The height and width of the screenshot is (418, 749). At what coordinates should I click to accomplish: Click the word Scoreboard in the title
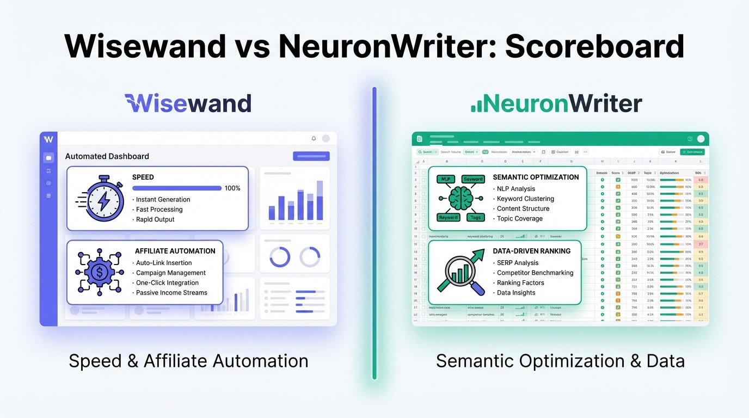point(594,46)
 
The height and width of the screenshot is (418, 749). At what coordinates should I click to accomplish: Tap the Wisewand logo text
point(188,103)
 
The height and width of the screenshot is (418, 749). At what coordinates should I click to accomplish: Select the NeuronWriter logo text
point(556,103)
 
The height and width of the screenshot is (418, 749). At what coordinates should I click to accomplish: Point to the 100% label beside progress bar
point(232,188)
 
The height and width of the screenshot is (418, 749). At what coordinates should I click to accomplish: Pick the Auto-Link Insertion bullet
point(164,263)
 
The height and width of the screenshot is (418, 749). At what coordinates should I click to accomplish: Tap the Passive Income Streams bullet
point(171,293)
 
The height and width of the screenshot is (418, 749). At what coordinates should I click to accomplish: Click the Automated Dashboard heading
point(107,156)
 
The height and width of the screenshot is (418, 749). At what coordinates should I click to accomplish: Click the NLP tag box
point(445,179)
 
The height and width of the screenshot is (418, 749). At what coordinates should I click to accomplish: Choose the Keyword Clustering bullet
point(525,199)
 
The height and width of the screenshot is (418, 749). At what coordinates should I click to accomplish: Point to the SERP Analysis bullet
point(518,263)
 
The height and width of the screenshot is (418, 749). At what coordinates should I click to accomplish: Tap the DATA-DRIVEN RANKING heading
point(531,251)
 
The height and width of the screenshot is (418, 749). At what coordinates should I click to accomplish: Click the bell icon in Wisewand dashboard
point(314,139)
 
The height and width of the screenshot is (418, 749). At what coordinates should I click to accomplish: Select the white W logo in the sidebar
point(48,138)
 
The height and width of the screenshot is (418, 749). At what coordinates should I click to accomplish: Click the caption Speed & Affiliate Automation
point(188,361)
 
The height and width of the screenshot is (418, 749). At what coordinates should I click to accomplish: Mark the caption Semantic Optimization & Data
point(560,361)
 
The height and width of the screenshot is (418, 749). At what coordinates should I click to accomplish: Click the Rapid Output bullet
point(155,219)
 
